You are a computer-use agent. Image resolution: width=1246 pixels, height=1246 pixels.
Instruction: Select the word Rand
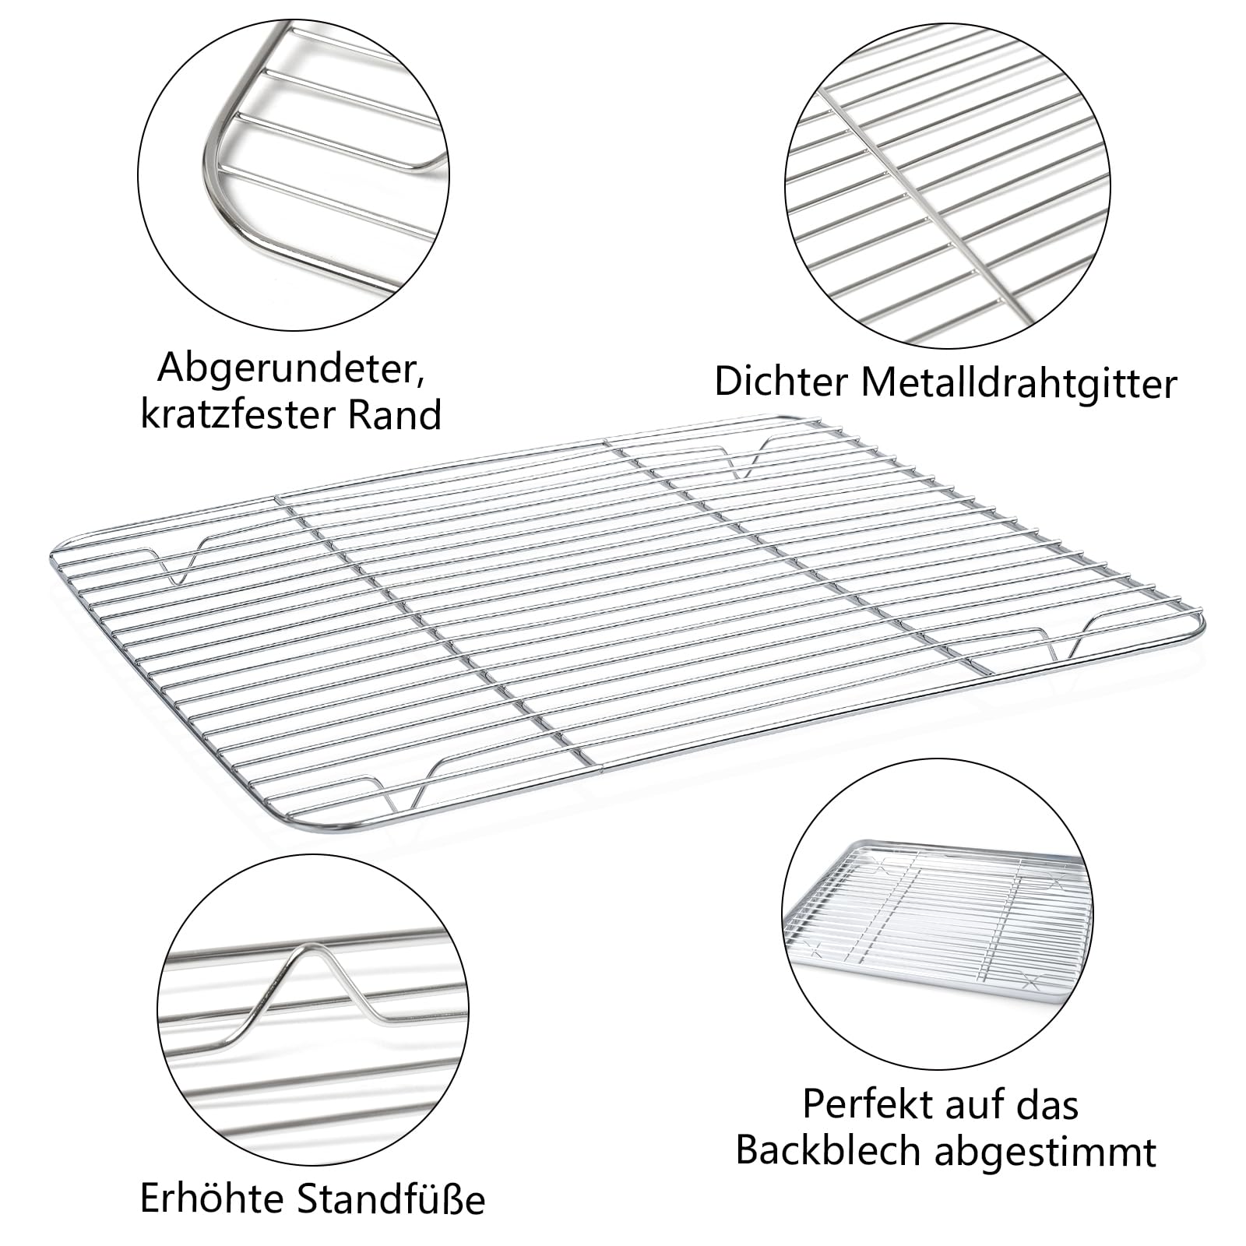click(x=394, y=414)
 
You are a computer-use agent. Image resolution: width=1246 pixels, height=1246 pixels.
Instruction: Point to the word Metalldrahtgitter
click(x=1019, y=383)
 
